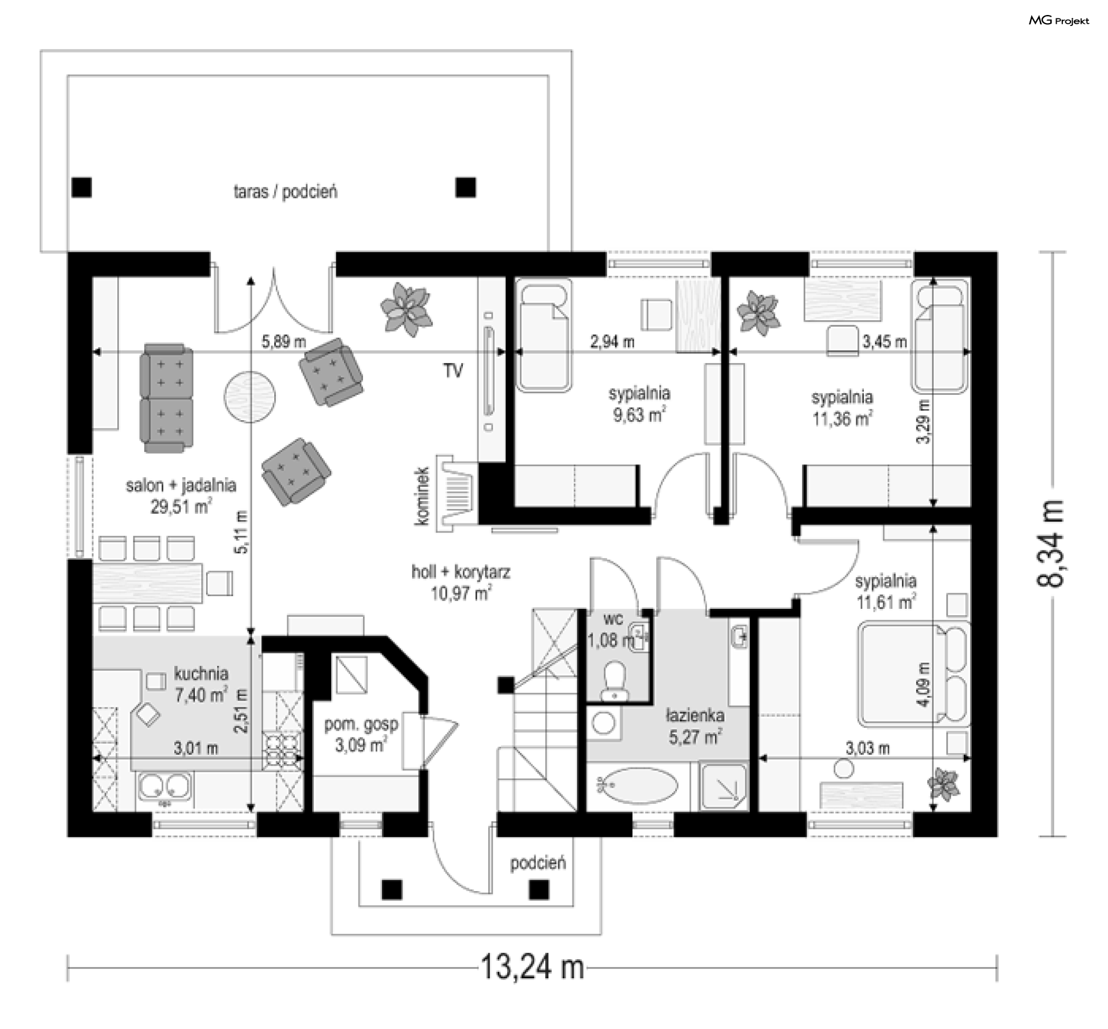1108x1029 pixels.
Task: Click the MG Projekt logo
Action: click(1059, 21)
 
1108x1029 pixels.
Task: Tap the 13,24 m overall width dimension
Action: click(532, 966)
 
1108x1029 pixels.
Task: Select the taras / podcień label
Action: click(285, 192)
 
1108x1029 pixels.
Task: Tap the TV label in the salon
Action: click(453, 371)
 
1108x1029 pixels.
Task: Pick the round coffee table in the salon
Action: click(249, 397)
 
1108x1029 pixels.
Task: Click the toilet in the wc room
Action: click(614, 681)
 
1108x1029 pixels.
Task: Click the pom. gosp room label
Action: click(361, 724)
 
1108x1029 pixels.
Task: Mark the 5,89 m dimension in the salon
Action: click(283, 342)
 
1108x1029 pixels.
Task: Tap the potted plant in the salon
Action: click(406, 309)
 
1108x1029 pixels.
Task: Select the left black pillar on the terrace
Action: click(81, 188)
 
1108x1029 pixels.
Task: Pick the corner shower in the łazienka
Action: click(724, 785)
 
